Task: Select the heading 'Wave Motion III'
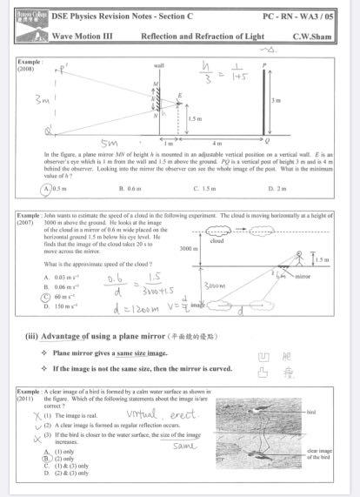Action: [x=83, y=37]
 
